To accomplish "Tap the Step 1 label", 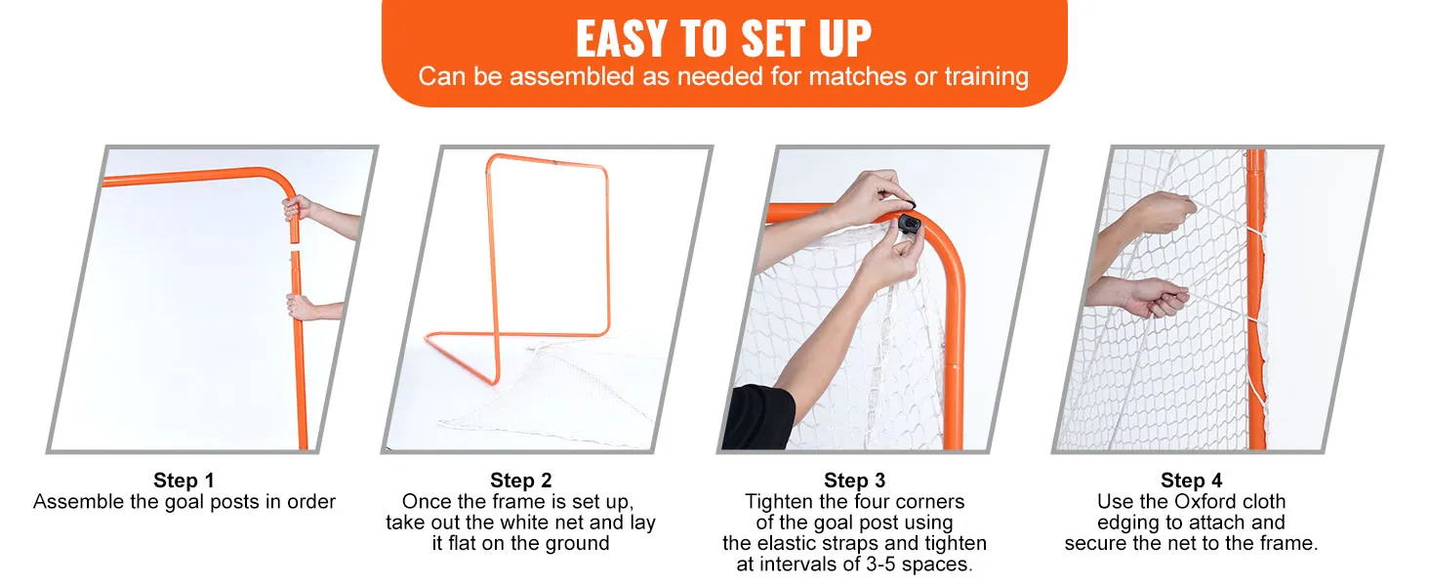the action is tap(184, 481).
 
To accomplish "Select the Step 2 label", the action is tap(520, 481).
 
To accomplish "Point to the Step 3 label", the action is tap(854, 481).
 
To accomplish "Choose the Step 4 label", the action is tap(1191, 481).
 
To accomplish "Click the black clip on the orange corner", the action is tap(909, 224).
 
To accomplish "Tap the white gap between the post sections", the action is tap(295, 247).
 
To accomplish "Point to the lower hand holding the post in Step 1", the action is tap(300, 307).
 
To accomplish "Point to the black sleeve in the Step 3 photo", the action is tap(760, 417).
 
